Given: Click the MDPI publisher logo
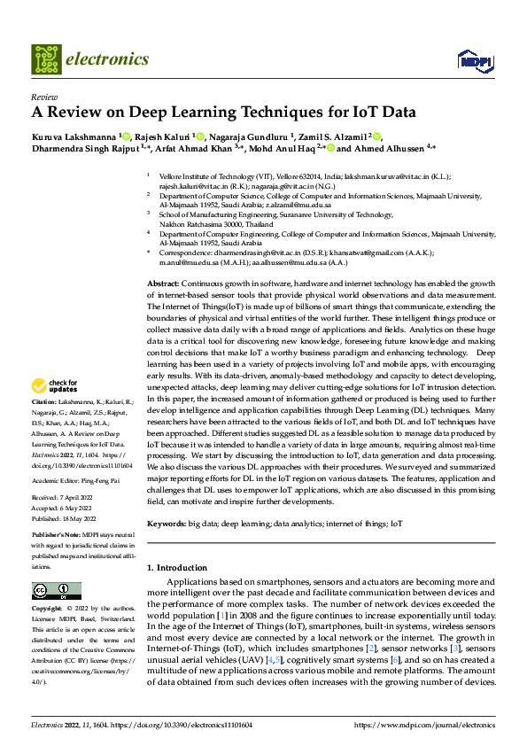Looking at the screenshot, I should [473, 60].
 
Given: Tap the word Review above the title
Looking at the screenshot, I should [43, 97].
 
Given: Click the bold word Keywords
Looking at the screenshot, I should [167, 525].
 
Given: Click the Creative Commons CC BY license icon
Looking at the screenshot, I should [50, 591].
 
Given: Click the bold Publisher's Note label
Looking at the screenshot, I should [58, 536].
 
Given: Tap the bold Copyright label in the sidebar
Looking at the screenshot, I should [47, 610].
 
